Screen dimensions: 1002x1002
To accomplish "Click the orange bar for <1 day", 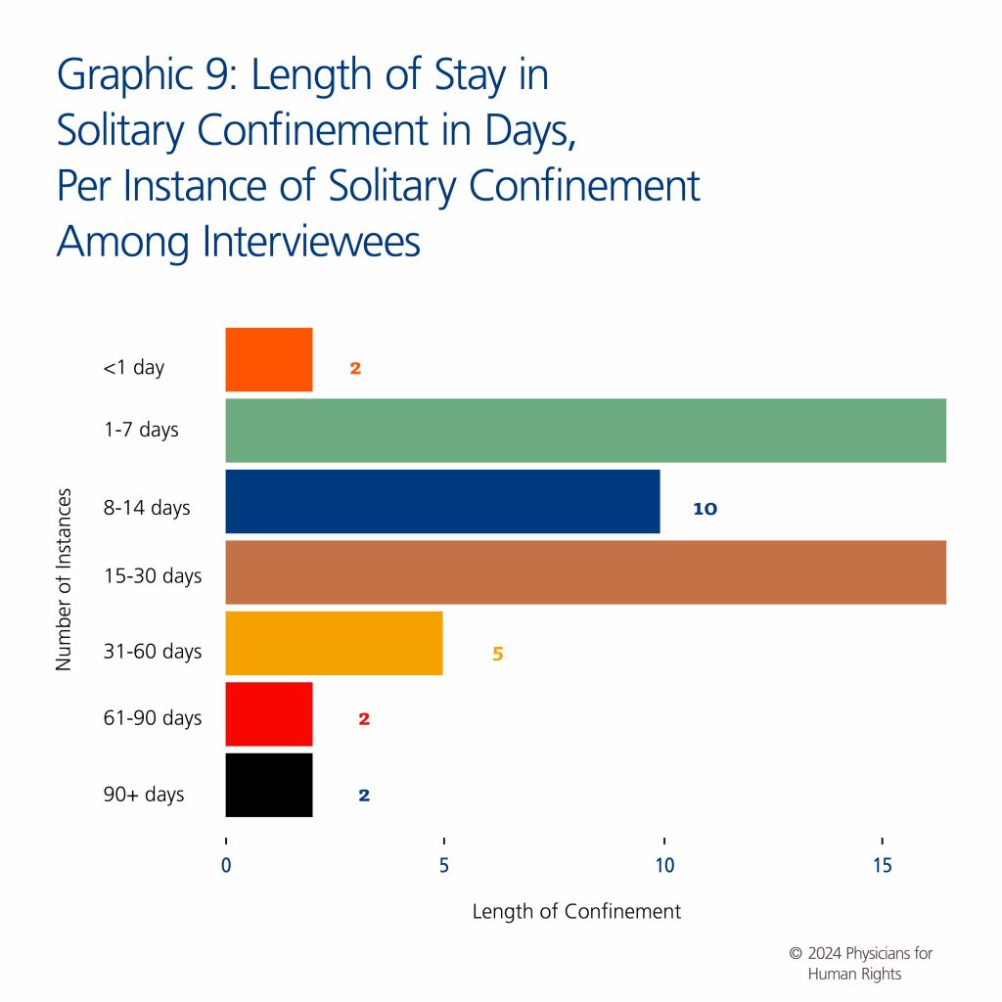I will click(x=269, y=359).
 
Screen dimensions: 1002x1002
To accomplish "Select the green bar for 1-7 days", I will click(x=585, y=431).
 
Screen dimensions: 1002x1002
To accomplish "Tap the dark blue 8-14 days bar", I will click(x=442, y=501).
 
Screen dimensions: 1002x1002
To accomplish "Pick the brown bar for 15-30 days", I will click(x=585, y=572).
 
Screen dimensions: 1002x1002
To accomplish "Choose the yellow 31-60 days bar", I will click(x=334, y=643).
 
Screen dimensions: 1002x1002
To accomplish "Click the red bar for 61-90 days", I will click(x=269, y=714).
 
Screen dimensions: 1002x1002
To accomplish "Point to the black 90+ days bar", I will click(x=269, y=785).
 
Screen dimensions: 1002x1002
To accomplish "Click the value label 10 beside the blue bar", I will click(x=705, y=509).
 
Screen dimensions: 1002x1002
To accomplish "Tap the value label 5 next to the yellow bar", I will click(x=497, y=654).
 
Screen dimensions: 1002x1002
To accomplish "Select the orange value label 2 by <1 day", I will click(x=355, y=369).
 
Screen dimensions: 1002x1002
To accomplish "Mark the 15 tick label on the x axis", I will click(x=883, y=867).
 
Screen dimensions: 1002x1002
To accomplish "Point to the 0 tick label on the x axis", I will click(x=226, y=867).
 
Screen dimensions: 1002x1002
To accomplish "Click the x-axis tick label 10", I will click(x=664, y=867).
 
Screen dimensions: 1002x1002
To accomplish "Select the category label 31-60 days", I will click(x=153, y=652).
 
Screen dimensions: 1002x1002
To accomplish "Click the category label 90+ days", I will click(x=144, y=795).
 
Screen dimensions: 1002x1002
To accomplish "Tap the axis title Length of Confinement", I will click(x=576, y=912).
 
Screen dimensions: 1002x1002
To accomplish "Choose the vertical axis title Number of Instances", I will click(x=65, y=579).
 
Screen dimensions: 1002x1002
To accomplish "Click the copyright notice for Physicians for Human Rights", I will click(x=854, y=964).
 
